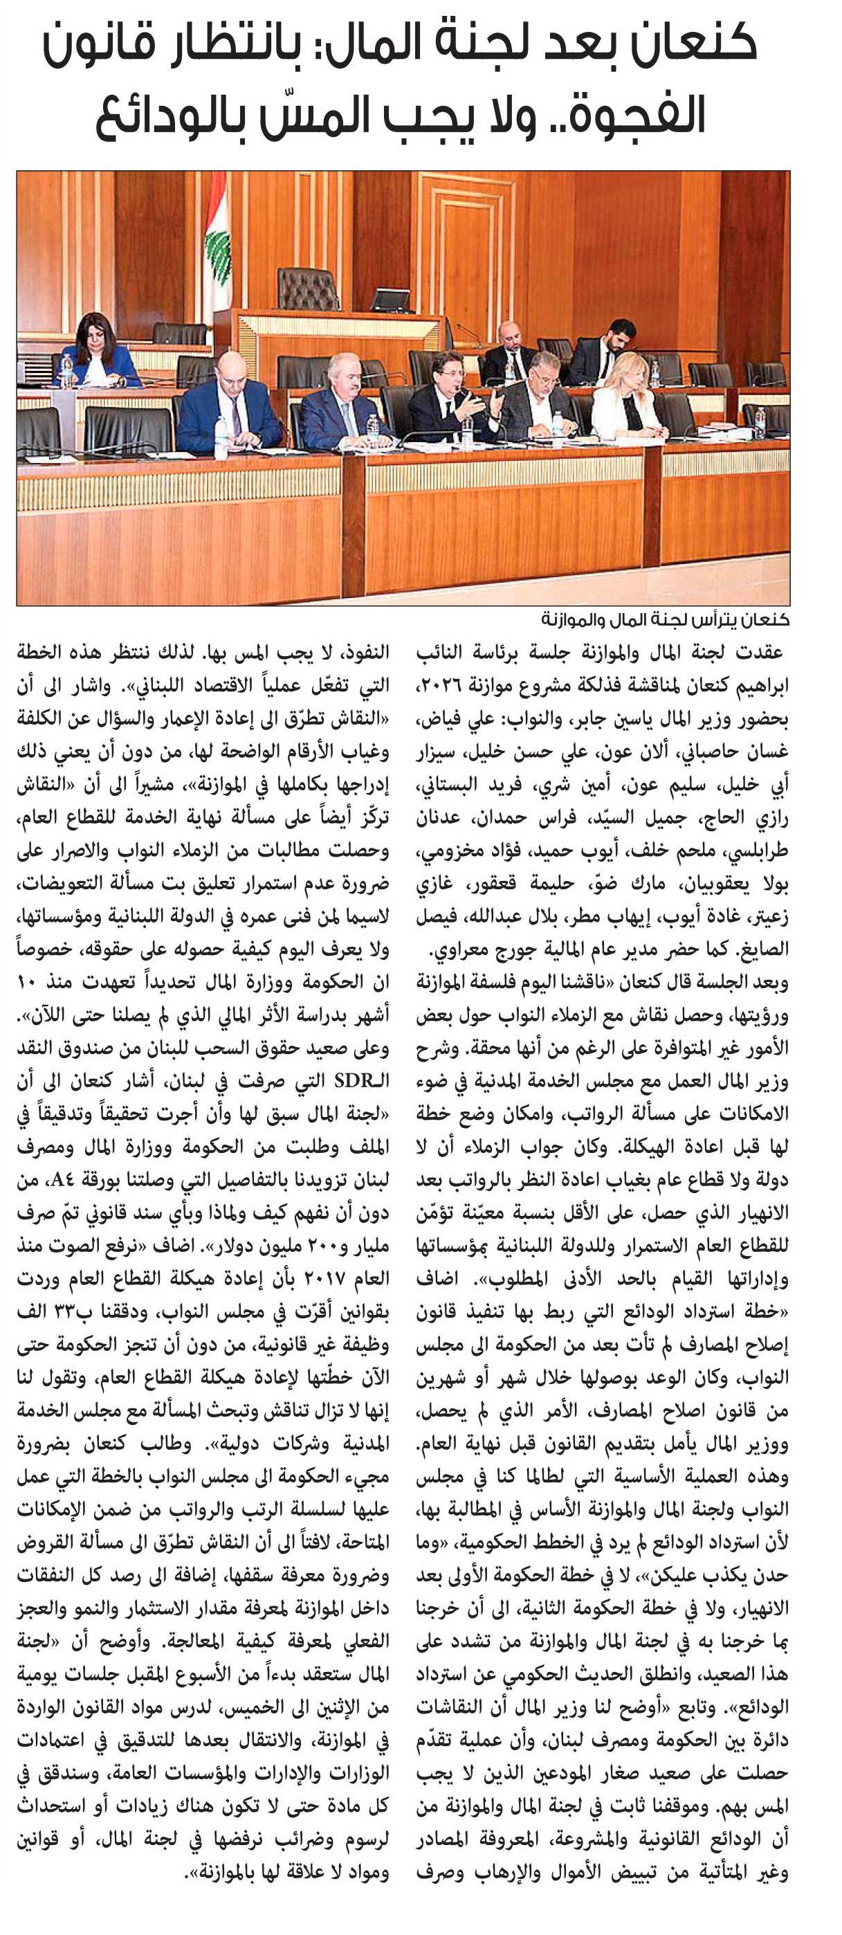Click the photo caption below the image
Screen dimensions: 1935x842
point(665,621)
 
